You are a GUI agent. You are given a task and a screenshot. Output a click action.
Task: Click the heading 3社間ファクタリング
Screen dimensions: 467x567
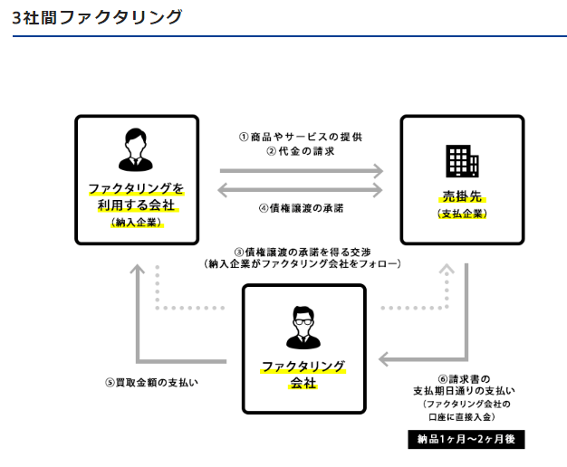pos(97,16)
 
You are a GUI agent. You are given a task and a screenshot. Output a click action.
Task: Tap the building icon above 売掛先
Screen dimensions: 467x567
pos(462,161)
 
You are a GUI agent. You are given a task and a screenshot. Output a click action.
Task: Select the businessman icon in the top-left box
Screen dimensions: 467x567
pos(136,149)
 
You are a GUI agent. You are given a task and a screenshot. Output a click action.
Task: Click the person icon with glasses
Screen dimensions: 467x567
pos(303,328)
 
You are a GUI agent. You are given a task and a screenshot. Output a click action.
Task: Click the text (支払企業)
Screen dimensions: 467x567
pos(462,214)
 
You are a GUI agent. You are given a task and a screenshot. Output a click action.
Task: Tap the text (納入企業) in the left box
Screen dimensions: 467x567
pos(136,222)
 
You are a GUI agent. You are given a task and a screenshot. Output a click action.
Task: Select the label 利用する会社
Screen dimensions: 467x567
pos(136,205)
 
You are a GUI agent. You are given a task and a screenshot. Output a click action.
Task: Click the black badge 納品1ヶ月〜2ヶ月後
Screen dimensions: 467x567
pos(466,440)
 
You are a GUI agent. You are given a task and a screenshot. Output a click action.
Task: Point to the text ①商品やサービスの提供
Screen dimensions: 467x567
pos(302,137)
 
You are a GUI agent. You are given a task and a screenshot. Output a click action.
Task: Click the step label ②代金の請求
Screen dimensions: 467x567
pos(302,151)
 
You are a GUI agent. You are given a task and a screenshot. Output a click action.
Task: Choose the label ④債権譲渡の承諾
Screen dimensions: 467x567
pos(302,207)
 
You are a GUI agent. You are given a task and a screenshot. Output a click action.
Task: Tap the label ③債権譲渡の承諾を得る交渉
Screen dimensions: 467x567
pos(302,251)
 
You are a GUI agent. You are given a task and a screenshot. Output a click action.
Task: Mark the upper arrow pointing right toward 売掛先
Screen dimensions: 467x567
pos(302,169)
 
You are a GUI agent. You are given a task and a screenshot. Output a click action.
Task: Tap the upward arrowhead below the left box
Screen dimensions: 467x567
pos(136,269)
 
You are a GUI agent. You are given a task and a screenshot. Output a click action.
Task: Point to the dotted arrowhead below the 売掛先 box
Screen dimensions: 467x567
pos(449,269)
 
